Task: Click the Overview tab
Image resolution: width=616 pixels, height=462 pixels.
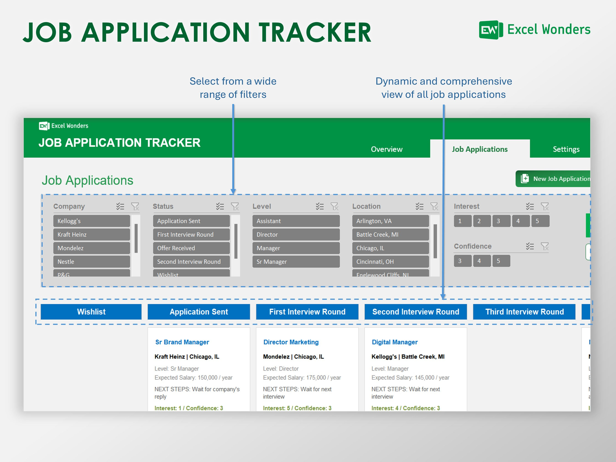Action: [386, 149]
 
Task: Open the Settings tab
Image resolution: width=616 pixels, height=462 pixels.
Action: [566, 149]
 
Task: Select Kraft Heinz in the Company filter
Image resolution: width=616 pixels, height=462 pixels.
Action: [91, 235]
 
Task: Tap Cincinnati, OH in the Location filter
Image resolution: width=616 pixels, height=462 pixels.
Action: [390, 261]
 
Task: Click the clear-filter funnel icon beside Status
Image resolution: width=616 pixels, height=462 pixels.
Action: [235, 206]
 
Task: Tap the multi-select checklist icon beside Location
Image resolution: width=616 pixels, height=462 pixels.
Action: [419, 206]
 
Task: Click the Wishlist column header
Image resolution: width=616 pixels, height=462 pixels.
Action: [91, 312]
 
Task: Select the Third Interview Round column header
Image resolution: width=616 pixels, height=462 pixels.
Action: [524, 312]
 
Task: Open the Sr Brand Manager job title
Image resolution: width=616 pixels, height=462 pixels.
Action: [182, 342]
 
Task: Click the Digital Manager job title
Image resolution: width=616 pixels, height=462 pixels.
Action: [395, 342]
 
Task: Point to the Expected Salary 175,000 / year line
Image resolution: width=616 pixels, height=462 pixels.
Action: [302, 378]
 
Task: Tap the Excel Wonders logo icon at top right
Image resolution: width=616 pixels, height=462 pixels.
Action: [491, 30]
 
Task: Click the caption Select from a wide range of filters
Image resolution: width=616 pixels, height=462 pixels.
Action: [233, 88]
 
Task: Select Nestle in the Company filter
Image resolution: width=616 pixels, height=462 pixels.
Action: [91, 261]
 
